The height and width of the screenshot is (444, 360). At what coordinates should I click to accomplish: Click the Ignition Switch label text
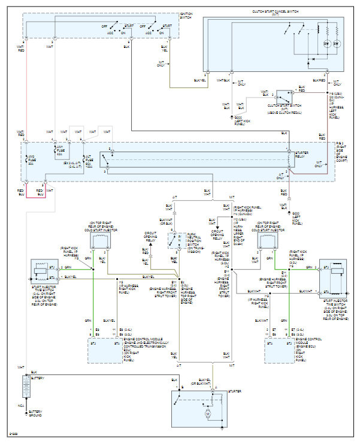pyautogui.click(x=186, y=14)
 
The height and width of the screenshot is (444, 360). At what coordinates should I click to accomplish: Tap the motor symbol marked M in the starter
pyautogui.click(x=208, y=413)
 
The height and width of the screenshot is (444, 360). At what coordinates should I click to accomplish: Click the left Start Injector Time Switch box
pyautogui.click(x=42, y=271)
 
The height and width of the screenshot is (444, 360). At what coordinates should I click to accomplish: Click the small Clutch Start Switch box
pyautogui.click(x=285, y=96)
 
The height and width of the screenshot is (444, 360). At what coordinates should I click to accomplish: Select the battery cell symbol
pyautogui.click(x=26, y=387)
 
